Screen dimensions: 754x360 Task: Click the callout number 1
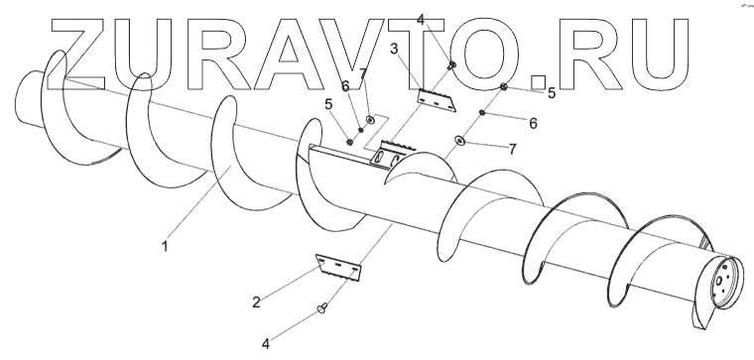tap(165, 247)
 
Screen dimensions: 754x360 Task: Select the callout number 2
tap(256, 302)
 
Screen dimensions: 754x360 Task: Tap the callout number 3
tap(394, 49)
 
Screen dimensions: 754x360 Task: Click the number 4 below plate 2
tap(266, 344)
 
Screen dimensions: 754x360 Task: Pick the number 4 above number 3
tap(421, 20)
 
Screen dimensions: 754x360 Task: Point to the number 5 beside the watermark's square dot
tap(551, 93)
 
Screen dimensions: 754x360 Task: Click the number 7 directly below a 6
tap(513, 150)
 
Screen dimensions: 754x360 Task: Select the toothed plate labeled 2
tap(338, 269)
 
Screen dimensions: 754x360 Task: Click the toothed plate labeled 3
tap(437, 100)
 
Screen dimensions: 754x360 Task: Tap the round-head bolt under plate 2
tap(322, 307)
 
